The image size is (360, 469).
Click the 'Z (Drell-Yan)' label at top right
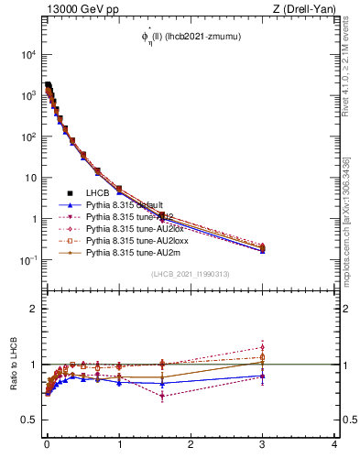305,8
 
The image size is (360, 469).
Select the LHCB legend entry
98,193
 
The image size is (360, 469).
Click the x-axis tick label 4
334,445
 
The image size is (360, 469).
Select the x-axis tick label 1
119,445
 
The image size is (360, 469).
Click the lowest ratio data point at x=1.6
162,396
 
